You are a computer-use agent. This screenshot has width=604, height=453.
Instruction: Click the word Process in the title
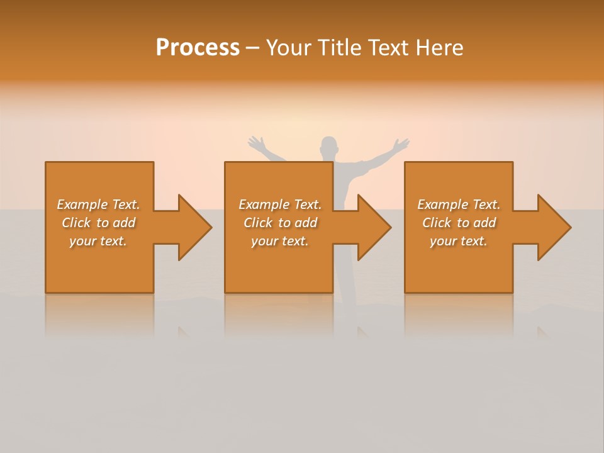click(x=198, y=48)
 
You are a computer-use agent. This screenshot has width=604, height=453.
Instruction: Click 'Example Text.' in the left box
click(x=98, y=204)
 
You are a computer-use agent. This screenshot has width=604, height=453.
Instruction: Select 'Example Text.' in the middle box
click(x=280, y=204)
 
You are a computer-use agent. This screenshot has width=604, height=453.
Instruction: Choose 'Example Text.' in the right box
click(x=459, y=204)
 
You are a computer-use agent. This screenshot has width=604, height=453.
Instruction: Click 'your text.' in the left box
click(x=98, y=241)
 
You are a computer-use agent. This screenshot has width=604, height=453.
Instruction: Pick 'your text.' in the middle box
click(x=280, y=241)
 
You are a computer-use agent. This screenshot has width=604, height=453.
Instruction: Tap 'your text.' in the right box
click(x=459, y=241)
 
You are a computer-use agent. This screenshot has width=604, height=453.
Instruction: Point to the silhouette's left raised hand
click(x=255, y=143)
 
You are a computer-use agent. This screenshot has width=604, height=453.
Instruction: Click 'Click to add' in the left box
click(x=98, y=223)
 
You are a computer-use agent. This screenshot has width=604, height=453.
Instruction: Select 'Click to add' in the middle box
click(x=280, y=223)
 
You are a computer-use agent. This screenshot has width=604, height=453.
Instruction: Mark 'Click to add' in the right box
click(x=459, y=223)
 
